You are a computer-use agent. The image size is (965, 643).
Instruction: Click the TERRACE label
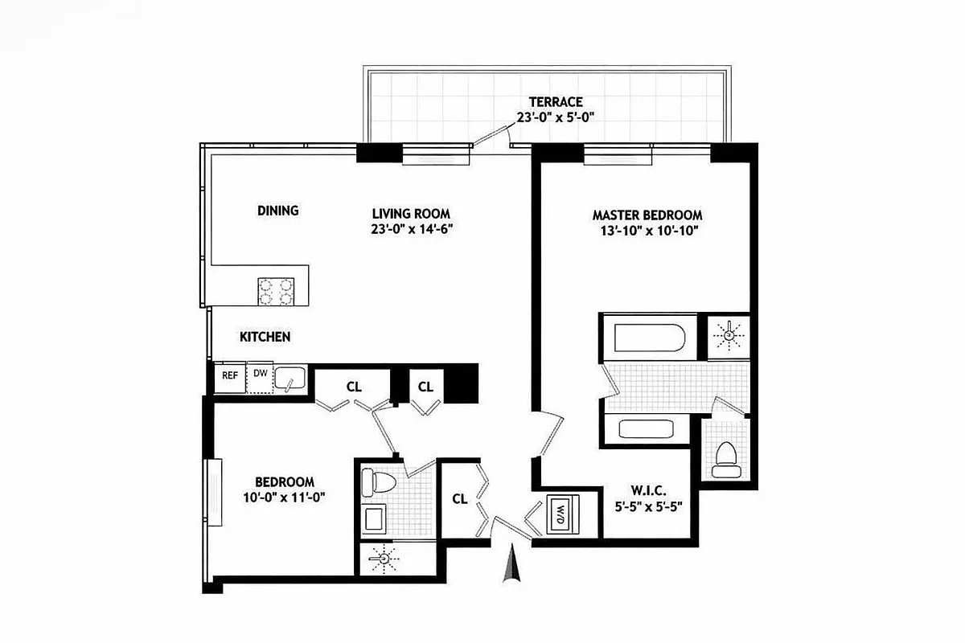[555, 102]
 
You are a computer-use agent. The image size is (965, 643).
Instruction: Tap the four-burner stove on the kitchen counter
[275, 292]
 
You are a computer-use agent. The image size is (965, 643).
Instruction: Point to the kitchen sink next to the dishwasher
[289, 377]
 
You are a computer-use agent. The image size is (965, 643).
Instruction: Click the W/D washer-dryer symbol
[559, 514]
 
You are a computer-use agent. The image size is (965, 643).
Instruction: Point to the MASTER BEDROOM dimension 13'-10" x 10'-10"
[647, 231]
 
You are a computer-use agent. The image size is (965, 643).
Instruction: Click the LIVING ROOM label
[411, 213]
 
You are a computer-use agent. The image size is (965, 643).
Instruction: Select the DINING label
[277, 211]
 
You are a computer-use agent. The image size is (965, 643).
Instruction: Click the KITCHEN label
[265, 337]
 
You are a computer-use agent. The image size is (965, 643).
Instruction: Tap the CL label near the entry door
[459, 499]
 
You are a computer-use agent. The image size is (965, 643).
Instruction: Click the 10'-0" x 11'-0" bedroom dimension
[285, 497]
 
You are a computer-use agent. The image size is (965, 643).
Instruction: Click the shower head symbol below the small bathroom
[383, 557]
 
